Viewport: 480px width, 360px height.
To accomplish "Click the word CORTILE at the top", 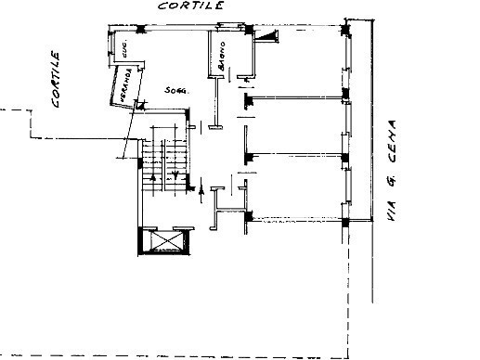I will [190, 6].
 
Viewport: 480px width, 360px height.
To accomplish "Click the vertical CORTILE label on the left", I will [57, 80].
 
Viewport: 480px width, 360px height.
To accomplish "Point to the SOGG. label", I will [175, 91].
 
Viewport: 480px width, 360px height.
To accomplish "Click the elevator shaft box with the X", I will [166, 241].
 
